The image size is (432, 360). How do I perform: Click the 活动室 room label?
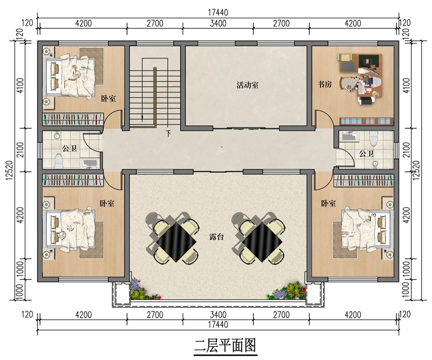247,85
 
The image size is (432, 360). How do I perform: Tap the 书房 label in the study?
324,84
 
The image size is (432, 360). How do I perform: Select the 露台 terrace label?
216,237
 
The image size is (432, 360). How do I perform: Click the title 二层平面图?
226,345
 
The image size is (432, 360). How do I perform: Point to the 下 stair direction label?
168,134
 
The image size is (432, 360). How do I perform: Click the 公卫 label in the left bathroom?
69,149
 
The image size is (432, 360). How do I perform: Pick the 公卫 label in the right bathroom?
366,154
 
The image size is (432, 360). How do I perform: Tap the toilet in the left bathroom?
59,161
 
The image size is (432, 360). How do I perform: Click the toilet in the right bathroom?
373,138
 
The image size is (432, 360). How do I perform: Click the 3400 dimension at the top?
218,23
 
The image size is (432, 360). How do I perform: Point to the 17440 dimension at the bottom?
218,324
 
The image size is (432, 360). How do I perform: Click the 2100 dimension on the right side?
407,150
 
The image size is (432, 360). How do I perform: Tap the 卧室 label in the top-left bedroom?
108,98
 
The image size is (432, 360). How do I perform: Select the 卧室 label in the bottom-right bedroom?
328,204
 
